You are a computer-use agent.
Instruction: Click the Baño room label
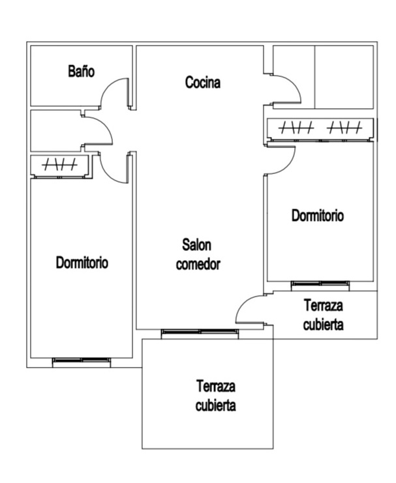coord(81,71)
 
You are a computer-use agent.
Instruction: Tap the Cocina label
coord(203,83)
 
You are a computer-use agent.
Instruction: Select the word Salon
coord(197,245)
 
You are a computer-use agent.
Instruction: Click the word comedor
coord(198,265)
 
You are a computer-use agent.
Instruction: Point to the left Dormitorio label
coord(82,263)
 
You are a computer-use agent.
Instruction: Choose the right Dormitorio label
coord(317,216)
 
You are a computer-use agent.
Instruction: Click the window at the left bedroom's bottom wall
coord(82,361)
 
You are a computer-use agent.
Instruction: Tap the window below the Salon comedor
coord(200,333)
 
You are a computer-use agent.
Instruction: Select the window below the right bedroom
coord(320,284)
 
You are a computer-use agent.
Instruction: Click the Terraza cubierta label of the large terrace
coord(215,396)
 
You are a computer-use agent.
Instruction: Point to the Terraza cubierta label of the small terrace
coord(324,314)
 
